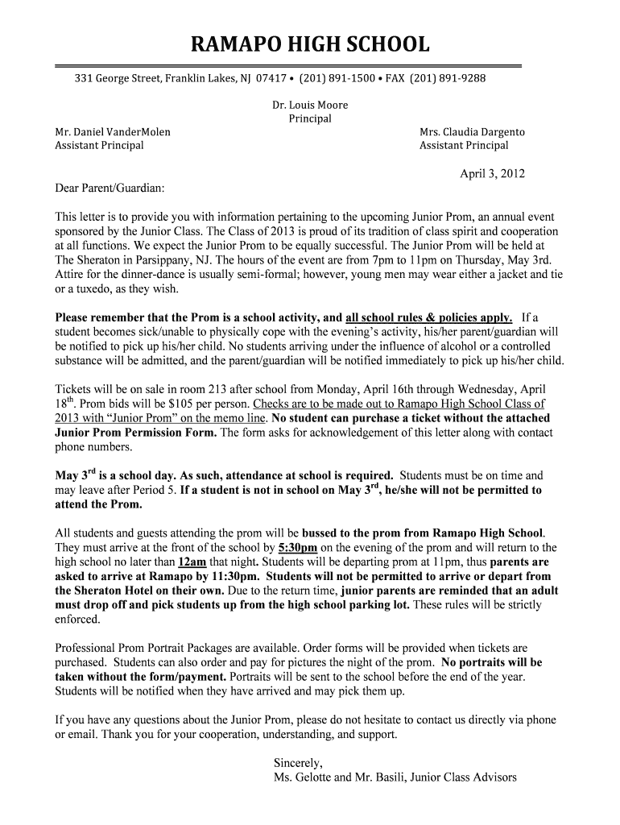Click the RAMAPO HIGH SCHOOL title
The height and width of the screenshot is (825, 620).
click(x=310, y=44)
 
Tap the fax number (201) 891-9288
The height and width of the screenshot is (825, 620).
click(x=448, y=78)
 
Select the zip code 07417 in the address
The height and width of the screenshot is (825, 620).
click(x=272, y=78)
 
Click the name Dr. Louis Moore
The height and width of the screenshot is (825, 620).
click(x=310, y=105)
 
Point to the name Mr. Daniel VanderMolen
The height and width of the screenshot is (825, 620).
click(x=112, y=131)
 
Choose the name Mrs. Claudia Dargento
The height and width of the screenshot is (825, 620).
click(x=472, y=131)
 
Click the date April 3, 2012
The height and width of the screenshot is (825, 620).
click(x=492, y=172)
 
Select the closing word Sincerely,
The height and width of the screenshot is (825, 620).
click(x=298, y=762)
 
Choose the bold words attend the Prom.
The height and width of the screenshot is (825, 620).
click(x=98, y=504)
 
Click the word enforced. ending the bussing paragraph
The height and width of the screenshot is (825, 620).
click(x=77, y=620)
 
